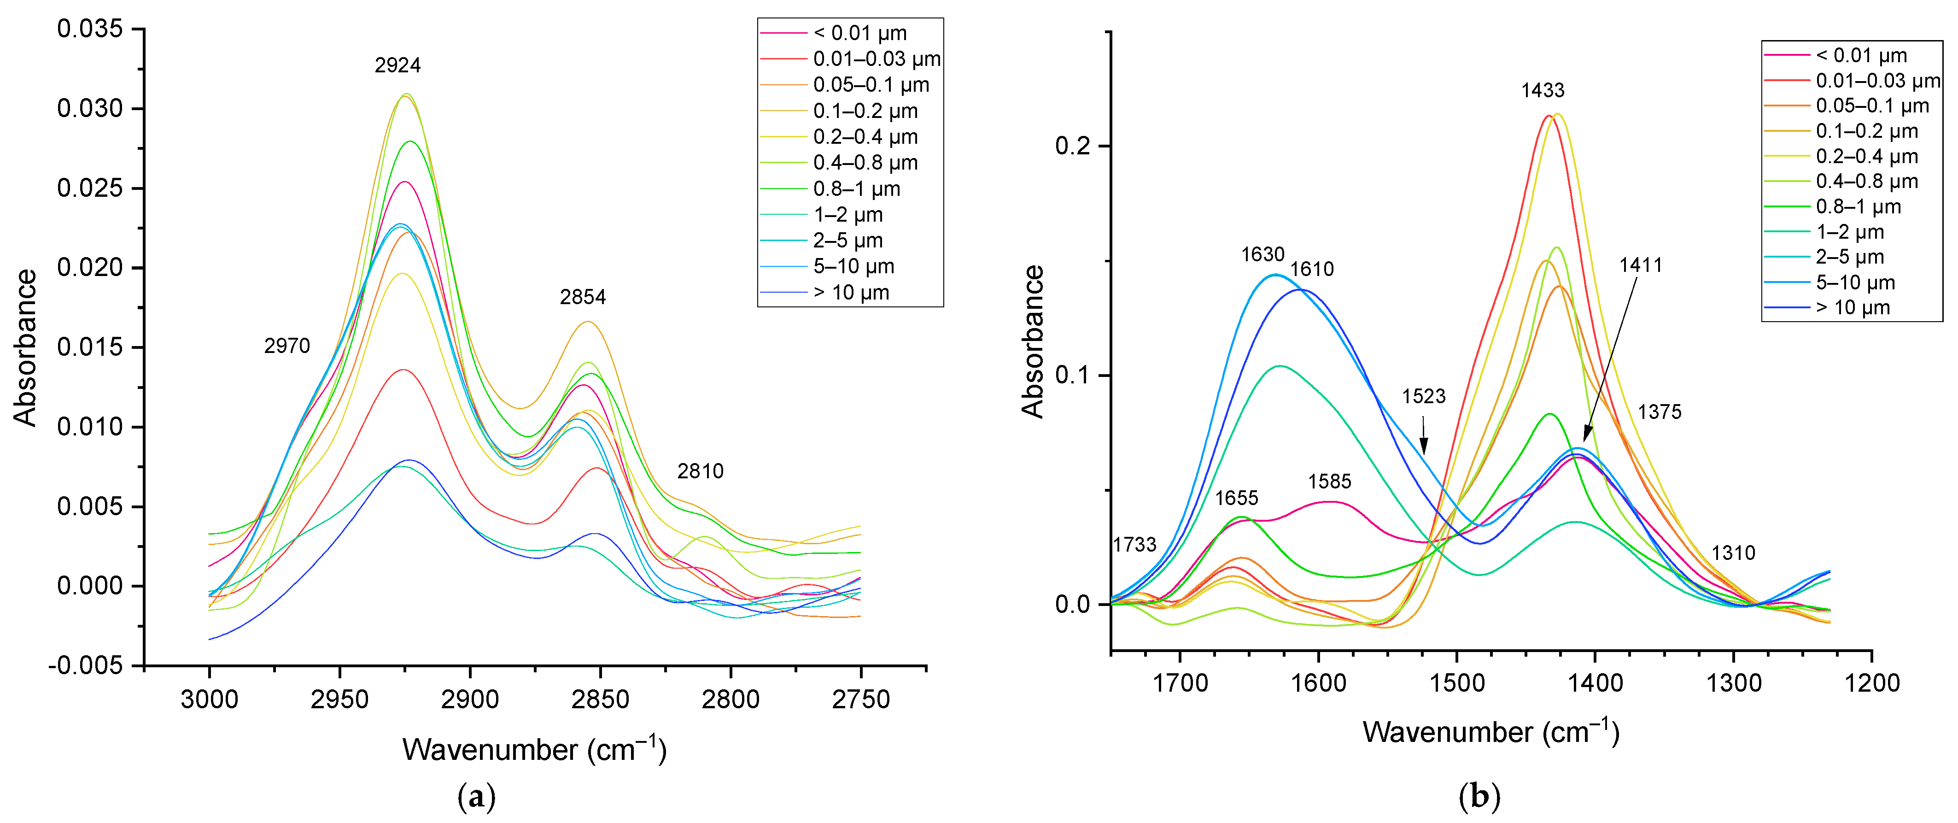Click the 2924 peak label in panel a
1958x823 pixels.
click(x=397, y=65)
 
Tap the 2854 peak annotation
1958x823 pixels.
click(x=583, y=297)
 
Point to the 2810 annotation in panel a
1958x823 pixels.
click(x=700, y=471)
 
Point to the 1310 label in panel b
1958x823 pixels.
click(x=1733, y=553)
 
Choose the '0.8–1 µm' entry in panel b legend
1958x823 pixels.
click(x=1859, y=207)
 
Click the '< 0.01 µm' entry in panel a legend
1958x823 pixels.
click(x=859, y=34)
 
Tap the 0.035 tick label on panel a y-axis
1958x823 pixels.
click(x=90, y=29)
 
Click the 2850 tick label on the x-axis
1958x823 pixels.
click(x=601, y=699)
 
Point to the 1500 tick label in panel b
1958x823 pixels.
click(x=1457, y=683)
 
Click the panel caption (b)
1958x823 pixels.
click(x=1479, y=796)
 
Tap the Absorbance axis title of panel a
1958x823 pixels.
click(x=25, y=347)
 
